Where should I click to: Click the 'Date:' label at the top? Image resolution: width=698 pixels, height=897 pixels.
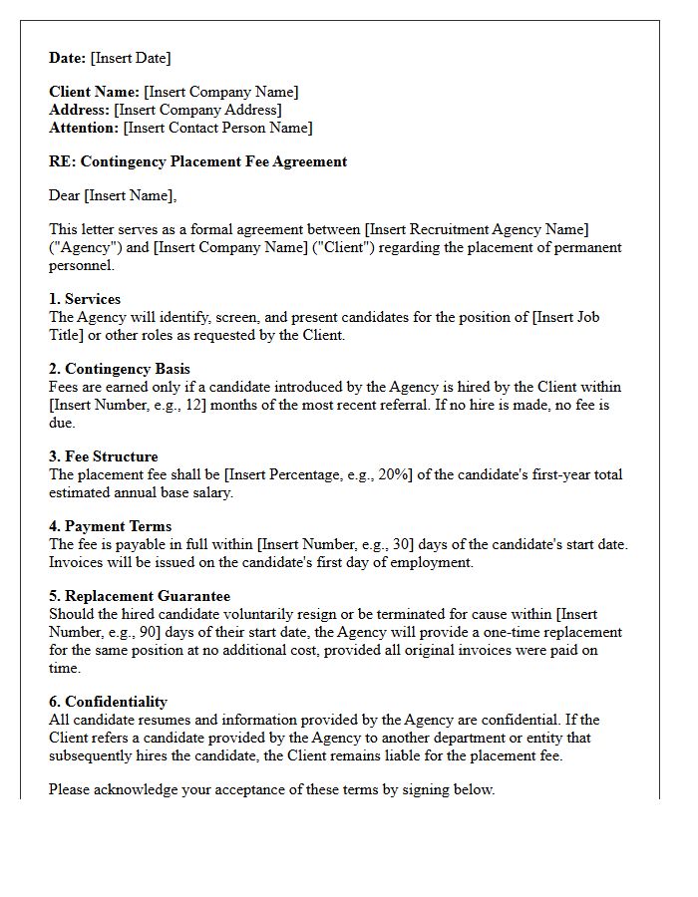tap(68, 58)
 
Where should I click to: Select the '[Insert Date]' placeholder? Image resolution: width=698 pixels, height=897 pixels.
tap(131, 58)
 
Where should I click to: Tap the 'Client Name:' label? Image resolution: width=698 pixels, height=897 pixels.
tap(95, 92)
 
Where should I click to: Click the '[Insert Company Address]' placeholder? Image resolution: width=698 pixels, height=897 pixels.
tap(197, 110)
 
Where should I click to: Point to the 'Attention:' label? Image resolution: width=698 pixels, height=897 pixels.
tap(84, 128)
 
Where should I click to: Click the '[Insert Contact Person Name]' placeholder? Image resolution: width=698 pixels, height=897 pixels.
tap(217, 128)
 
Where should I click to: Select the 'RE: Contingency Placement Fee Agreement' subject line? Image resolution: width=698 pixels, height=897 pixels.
tap(197, 161)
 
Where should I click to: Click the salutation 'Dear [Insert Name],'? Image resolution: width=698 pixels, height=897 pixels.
tap(113, 195)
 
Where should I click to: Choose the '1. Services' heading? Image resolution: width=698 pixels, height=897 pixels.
tap(85, 299)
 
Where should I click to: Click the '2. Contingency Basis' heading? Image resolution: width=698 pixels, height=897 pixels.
tap(120, 369)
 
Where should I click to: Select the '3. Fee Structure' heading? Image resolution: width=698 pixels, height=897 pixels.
tap(104, 456)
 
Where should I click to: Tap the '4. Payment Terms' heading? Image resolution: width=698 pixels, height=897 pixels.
tap(111, 526)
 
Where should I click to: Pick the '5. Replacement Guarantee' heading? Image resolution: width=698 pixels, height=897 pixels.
tap(140, 596)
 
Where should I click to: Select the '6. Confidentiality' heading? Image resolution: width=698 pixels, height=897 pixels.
tap(108, 702)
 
